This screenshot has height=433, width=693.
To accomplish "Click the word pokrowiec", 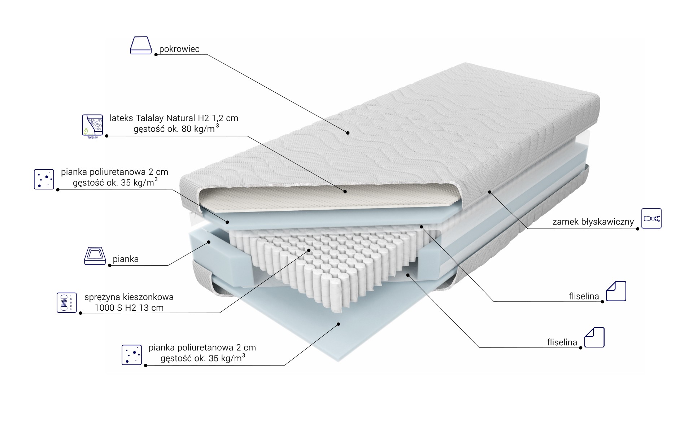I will (179, 49).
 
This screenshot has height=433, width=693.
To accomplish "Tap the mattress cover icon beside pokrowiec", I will (141, 45).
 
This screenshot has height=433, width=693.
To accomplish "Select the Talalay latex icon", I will (92, 125).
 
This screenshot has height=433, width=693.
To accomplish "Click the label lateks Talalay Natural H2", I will (174, 118).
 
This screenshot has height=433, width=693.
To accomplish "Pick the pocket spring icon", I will (67, 302).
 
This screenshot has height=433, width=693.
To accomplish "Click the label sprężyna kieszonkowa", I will (129, 297).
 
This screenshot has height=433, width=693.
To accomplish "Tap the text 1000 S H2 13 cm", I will (129, 308).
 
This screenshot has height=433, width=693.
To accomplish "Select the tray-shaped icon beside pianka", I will (95, 256).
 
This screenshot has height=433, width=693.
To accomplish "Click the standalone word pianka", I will (126, 259).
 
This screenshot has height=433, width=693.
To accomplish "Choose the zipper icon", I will (651, 218).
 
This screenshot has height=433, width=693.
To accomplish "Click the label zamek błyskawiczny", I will (593, 222).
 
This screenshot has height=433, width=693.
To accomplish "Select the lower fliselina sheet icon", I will (594, 337).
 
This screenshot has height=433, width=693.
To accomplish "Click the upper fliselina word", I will (584, 297).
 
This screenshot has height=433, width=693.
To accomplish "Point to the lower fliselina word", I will (562, 343).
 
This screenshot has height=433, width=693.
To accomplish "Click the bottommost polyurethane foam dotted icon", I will (132, 355).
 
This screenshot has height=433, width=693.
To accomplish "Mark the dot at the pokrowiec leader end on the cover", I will (348, 133).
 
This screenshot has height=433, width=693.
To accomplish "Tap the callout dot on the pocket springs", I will (309, 250).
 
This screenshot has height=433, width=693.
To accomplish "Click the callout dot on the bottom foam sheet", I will (339, 324).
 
